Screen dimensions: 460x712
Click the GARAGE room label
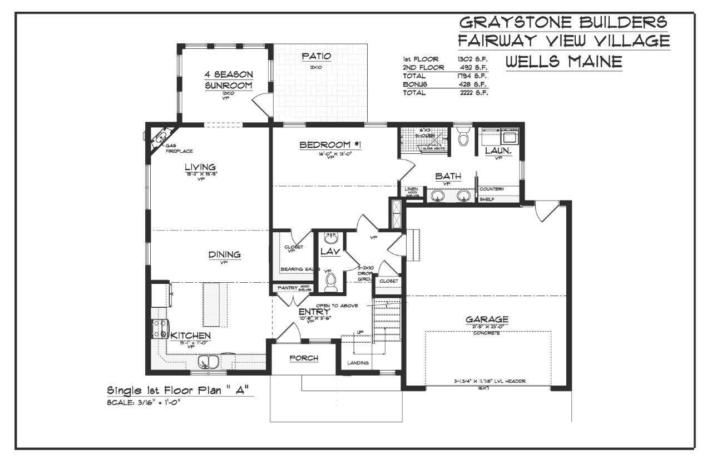pyautogui.click(x=487, y=319)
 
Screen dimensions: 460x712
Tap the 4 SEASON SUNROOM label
pyautogui.click(x=228, y=80)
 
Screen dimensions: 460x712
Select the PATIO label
pyautogui.click(x=317, y=56)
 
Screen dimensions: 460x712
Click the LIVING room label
pyautogui.click(x=200, y=167)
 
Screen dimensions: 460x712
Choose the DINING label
pyautogui.click(x=225, y=254)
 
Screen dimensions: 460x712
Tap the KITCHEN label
pyautogui.click(x=190, y=336)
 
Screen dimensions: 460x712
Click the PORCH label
pyautogui.click(x=304, y=358)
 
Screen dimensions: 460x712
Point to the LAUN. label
pyautogui.click(x=498, y=151)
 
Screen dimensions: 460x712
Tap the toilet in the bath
pyautogui.click(x=463, y=136)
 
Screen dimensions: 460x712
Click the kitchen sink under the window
pyautogui.click(x=209, y=363)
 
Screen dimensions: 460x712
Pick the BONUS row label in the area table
pyautogui.click(x=415, y=84)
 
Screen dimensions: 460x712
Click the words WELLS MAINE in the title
pyautogui.click(x=563, y=62)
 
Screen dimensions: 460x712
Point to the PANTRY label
pyautogui.click(x=288, y=288)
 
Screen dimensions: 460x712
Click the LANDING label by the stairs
pyautogui.click(x=358, y=363)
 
